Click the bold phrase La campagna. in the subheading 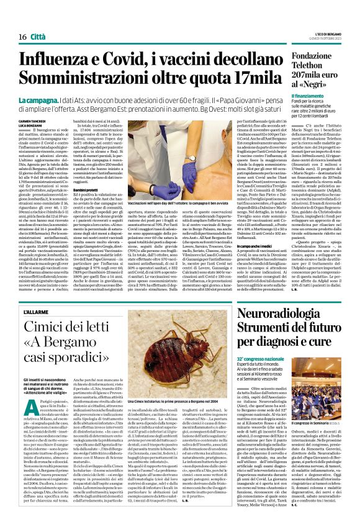[38, 99]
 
